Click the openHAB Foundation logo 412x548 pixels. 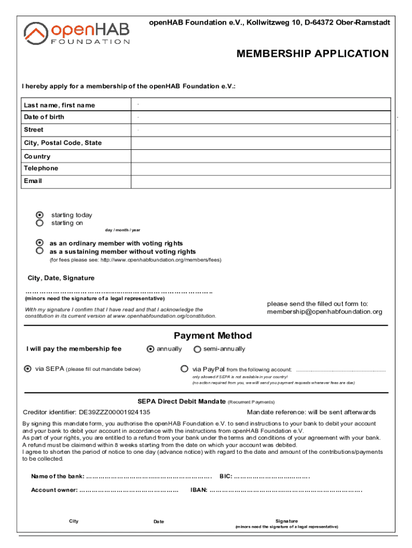coord(77,33)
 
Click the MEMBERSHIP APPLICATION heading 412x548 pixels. coord(312,54)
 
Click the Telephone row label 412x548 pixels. coord(41,169)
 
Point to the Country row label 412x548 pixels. coord(37,156)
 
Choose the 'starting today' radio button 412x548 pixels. coord(40,215)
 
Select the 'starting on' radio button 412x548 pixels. coord(40,223)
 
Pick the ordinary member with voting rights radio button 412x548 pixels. coord(40,243)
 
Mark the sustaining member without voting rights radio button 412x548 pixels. coord(40,250)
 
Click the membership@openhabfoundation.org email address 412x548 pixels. coord(325,312)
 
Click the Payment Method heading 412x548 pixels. coord(212,336)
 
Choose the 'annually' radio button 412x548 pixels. coord(150,349)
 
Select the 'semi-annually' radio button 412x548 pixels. coord(197,349)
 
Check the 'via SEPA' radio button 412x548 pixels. coord(28,369)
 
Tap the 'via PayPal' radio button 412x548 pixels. coord(185,369)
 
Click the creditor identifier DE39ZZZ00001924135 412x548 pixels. coord(115,413)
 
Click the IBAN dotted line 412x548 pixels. coord(286,490)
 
